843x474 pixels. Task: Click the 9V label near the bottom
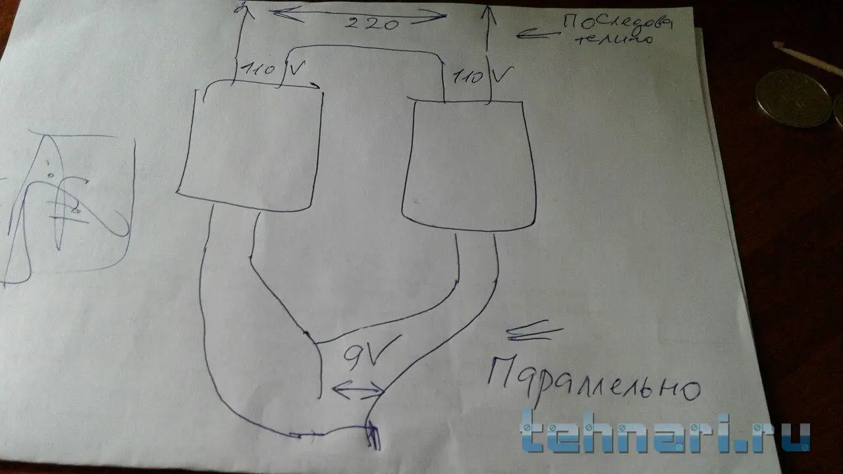click(360, 359)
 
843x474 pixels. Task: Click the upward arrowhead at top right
click(487, 13)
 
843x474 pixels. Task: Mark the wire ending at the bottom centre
click(372, 434)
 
